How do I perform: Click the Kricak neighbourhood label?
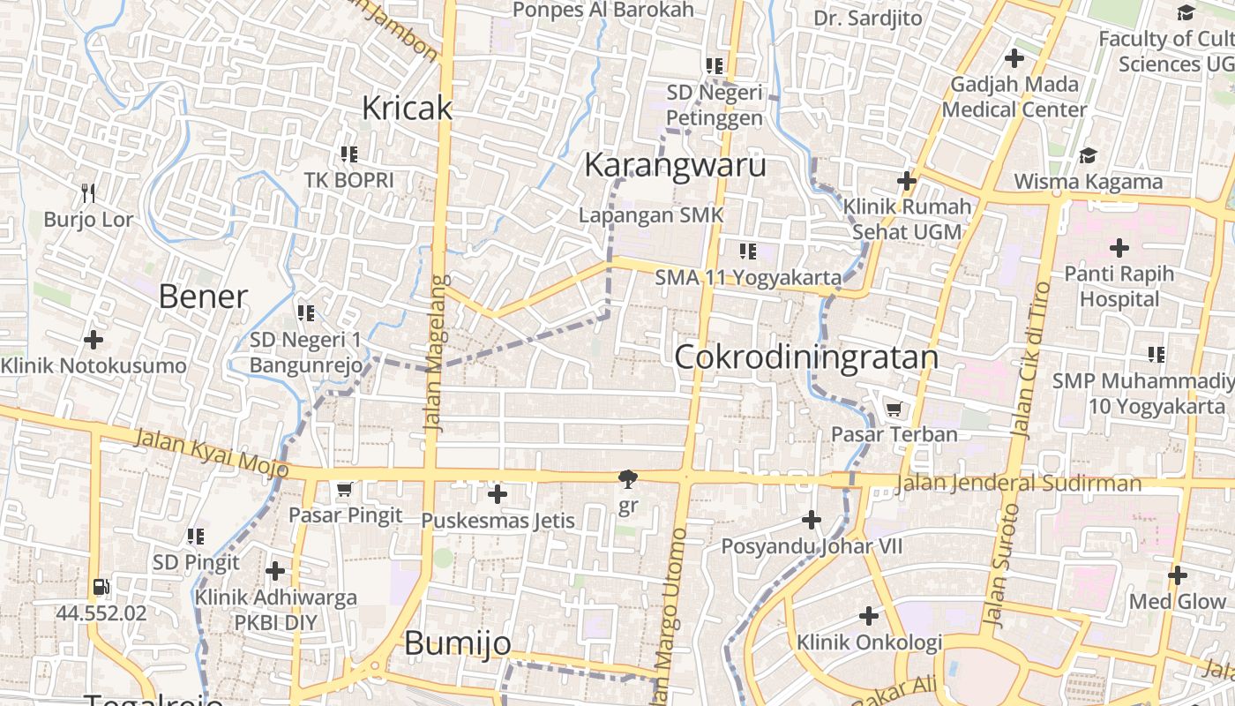pyautogui.click(x=407, y=108)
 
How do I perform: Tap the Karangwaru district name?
pyautogui.click(x=675, y=165)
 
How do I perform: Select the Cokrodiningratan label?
pyautogui.click(x=806, y=357)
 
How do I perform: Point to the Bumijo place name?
pyautogui.click(x=457, y=643)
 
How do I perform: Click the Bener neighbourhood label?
pyautogui.click(x=203, y=297)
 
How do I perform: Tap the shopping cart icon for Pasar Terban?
pyautogui.click(x=894, y=409)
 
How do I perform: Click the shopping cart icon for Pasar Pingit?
pyautogui.click(x=345, y=489)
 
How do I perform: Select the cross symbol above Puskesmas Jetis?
pyautogui.click(x=498, y=494)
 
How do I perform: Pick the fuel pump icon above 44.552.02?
pyautogui.click(x=101, y=587)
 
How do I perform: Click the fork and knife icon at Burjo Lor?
pyautogui.click(x=88, y=193)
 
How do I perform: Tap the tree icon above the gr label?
pyautogui.click(x=627, y=480)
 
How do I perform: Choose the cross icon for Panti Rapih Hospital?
pyautogui.click(x=1119, y=248)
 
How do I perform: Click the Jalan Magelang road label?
pyautogui.click(x=433, y=353)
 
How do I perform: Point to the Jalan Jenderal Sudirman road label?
pyautogui.click(x=1018, y=484)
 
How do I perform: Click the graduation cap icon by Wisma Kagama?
pyautogui.click(x=1088, y=156)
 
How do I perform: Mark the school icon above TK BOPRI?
pyautogui.click(x=348, y=154)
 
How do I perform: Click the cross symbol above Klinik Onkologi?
pyautogui.click(x=869, y=616)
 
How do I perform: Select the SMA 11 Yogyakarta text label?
pyautogui.click(x=748, y=278)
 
